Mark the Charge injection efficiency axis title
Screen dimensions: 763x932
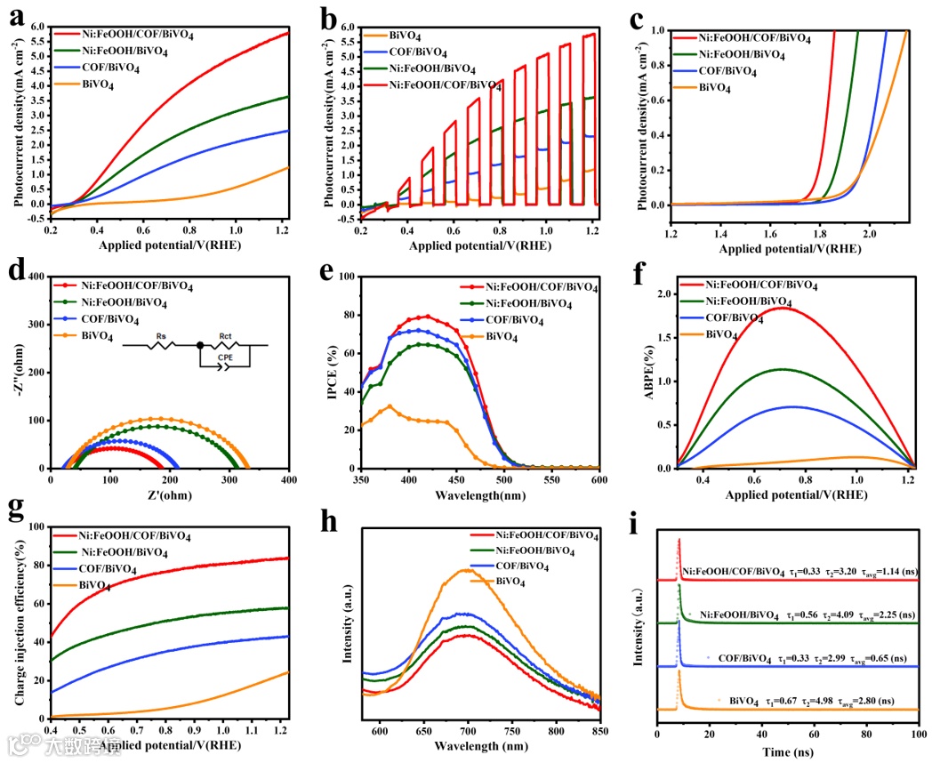point(20,620)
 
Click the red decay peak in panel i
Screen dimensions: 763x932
point(679,539)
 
